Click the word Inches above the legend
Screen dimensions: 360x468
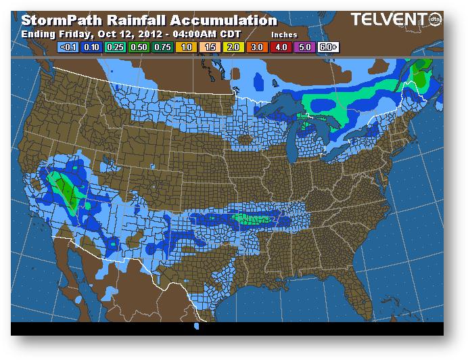pyautogui.click(x=284, y=34)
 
